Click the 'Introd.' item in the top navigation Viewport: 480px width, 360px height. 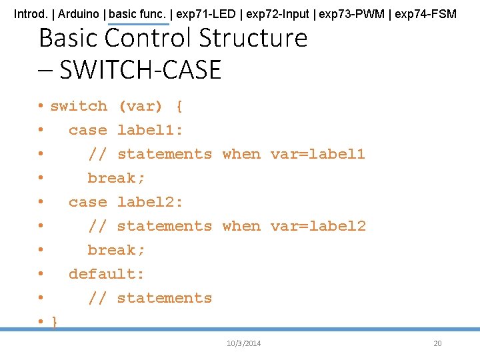31,14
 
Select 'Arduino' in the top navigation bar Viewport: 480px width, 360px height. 79,14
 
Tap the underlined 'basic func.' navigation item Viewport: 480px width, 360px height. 137,14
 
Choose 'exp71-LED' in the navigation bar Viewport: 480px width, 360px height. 206,14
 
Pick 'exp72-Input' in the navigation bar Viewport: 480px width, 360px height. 277,14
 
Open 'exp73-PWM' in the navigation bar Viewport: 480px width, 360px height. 351,14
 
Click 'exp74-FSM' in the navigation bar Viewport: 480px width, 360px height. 425,14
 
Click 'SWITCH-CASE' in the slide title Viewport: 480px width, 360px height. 140,69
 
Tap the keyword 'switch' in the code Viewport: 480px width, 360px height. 79,106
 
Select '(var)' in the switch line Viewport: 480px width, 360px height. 141,107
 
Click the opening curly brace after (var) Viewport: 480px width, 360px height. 179,107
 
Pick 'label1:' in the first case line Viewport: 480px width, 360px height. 150,130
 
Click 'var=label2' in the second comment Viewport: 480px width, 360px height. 318,226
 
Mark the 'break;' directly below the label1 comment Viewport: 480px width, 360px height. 116,178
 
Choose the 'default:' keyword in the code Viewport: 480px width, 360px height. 106,274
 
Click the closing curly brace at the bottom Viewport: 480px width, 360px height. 54,322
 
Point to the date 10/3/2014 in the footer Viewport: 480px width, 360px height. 244,343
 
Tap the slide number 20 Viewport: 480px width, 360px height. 437,343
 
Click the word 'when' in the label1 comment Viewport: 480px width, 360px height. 241,154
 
